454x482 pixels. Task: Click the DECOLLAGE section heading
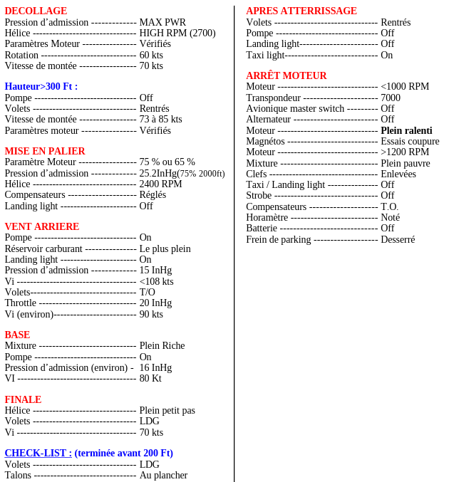(x=36, y=11)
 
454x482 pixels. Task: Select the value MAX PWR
(x=162, y=23)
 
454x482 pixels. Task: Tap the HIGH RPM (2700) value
(x=177, y=33)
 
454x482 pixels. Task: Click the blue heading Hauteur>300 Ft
(x=41, y=87)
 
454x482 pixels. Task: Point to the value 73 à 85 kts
(x=160, y=120)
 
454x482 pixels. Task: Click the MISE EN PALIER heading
(x=45, y=152)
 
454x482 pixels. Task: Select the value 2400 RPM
(x=160, y=184)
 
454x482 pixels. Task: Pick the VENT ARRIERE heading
(x=42, y=227)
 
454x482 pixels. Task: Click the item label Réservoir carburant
(x=43, y=249)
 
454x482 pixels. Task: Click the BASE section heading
(x=17, y=335)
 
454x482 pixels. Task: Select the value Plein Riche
(x=162, y=346)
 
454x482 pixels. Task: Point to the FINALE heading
(x=23, y=400)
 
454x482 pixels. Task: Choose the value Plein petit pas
(x=167, y=411)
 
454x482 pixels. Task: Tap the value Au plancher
(x=163, y=476)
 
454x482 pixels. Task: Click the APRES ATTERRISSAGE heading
(x=301, y=11)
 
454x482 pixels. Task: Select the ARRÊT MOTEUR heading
(x=287, y=76)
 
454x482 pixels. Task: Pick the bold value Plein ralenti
(x=406, y=131)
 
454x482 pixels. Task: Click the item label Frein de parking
(x=279, y=240)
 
